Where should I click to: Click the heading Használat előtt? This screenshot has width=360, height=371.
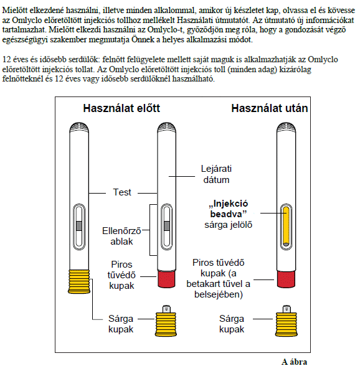pyautogui.click(x=121, y=108)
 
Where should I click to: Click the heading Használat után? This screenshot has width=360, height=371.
pyautogui.click(x=270, y=108)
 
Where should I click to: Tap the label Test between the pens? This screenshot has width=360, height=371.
pyautogui.click(x=122, y=192)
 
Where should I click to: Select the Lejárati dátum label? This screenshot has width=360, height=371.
pyautogui.click(x=216, y=174)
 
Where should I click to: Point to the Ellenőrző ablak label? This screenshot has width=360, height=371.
pyautogui.click(x=121, y=236)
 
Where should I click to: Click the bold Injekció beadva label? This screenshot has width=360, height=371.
pyautogui.click(x=229, y=209)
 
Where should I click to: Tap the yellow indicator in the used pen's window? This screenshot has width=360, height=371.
pyautogui.click(x=286, y=227)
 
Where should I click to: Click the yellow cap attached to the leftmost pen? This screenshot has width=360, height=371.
pyautogui.click(x=79, y=281)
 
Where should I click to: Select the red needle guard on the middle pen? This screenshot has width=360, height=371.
pyautogui.click(x=167, y=279)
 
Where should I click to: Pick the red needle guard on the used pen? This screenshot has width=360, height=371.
pyautogui.click(x=286, y=279)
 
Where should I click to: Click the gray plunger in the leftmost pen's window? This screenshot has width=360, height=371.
pyautogui.click(x=79, y=226)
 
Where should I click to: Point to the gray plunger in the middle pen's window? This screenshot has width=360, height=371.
pyautogui.click(x=167, y=226)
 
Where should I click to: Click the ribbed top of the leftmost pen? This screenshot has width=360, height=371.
pyautogui.click(x=79, y=127)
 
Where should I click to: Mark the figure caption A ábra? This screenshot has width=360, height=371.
pyautogui.click(x=294, y=362)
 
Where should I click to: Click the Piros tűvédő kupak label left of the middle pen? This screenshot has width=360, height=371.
pyautogui.click(x=121, y=275)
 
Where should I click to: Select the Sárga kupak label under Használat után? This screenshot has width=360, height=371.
pyautogui.click(x=232, y=324)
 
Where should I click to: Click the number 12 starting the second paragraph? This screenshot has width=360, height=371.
pyautogui.click(x=6, y=59)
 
